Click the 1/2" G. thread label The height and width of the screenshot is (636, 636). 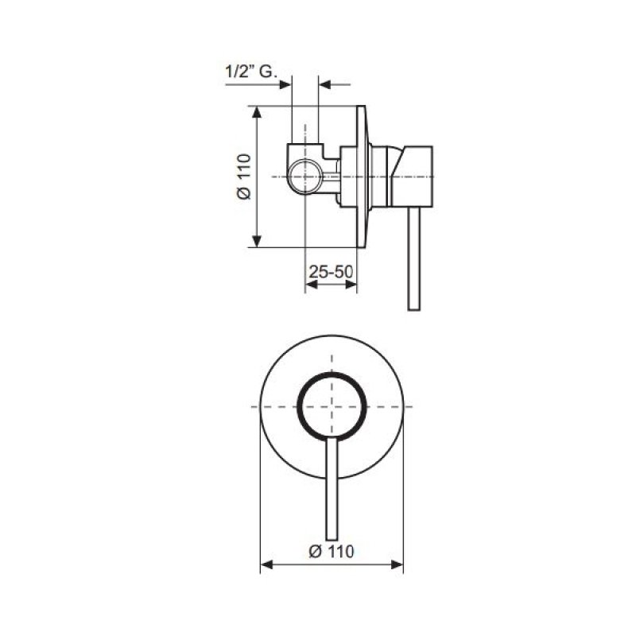pyautogui.click(x=251, y=72)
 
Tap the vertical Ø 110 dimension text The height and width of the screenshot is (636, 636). pyautogui.click(x=244, y=176)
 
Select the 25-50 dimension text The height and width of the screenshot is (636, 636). pyautogui.click(x=331, y=271)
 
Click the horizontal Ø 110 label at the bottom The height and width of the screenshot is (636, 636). pyautogui.click(x=332, y=551)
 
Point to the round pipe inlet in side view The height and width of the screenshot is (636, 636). pyautogui.click(x=305, y=176)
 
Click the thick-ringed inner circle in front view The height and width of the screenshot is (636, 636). pyautogui.click(x=332, y=406)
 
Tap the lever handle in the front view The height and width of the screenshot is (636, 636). pyautogui.click(x=332, y=489)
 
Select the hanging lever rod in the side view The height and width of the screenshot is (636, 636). pyautogui.click(x=414, y=259)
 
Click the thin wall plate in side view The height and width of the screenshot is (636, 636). pyautogui.click(x=361, y=176)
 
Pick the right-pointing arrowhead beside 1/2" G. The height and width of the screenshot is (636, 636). pyautogui.click(x=285, y=84)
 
